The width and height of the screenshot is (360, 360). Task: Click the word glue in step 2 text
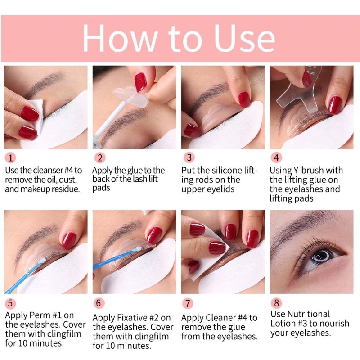134,171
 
